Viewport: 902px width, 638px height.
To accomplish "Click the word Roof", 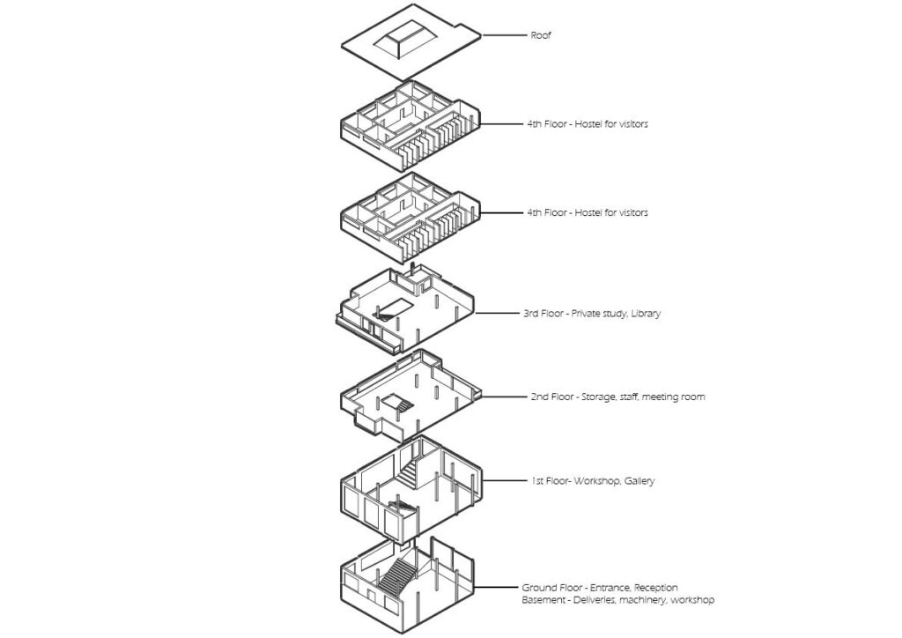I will pyautogui.click(x=540, y=35).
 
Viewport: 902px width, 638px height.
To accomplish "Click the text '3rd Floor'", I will pyautogui.click(x=543, y=313).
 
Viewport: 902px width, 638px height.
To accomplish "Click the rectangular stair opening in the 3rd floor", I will pyautogui.click(x=391, y=306).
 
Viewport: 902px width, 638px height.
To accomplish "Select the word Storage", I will pyautogui.click(x=600, y=397).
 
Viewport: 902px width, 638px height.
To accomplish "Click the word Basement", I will pyautogui.click(x=544, y=600).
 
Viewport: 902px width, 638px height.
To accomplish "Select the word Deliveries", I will pyautogui.click(x=603, y=600).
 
